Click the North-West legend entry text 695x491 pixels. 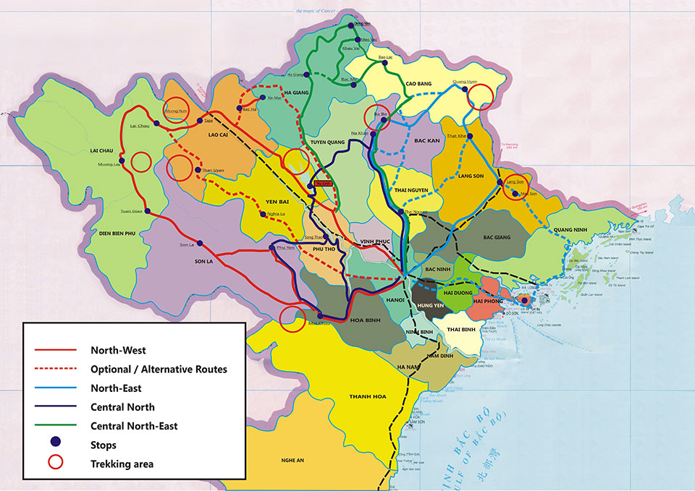coord(118,350)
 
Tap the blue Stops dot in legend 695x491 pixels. coord(55,445)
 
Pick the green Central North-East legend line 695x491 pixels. coord(55,426)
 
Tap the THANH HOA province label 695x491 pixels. coord(367,396)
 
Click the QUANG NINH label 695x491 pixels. coord(570,230)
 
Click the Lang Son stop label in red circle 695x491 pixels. coord(515,184)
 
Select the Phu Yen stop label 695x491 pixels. coord(286,248)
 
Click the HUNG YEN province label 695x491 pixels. coord(429,307)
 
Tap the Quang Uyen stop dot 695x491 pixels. coord(465,90)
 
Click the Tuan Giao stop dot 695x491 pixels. coord(148,211)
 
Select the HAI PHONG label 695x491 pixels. coord(489,300)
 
